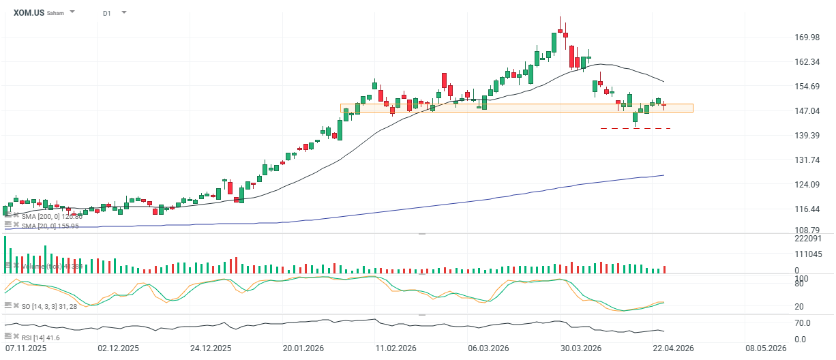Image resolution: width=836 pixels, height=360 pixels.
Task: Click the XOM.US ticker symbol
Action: (29, 12)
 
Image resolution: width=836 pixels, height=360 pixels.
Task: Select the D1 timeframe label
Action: (107, 13)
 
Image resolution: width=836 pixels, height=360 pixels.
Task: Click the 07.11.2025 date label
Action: (25, 348)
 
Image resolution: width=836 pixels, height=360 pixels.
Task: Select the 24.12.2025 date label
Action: (210, 348)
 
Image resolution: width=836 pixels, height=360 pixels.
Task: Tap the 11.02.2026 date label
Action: (395, 348)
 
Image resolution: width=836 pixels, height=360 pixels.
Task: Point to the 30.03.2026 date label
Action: (580, 348)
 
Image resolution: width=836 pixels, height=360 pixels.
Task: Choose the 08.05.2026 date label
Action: (766, 348)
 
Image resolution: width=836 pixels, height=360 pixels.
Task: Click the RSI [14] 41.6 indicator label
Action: (40, 337)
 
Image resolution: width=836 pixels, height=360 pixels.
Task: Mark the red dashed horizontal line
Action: (636, 128)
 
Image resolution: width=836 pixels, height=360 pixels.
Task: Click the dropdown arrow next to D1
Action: (124, 12)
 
